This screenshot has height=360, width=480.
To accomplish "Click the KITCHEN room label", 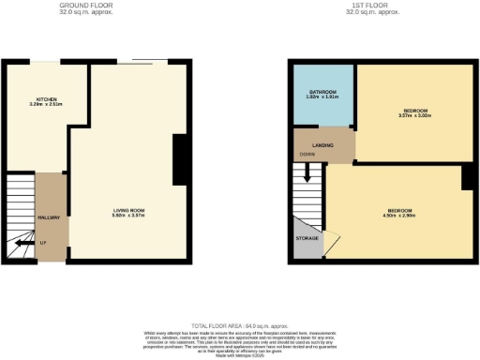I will pyautogui.click(x=46, y=98).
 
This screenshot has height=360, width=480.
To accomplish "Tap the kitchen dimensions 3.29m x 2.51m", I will pyautogui.click(x=46, y=105).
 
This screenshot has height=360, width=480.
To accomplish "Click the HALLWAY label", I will pyautogui.click(x=49, y=217).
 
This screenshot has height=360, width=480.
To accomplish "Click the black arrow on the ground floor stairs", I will pyautogui.click(x=20, y=246).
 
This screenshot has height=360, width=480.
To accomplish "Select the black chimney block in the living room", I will pyautogui.click(x=178, y=159).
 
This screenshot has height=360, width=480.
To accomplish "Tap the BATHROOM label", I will pyautogui.click(x=322, y=92).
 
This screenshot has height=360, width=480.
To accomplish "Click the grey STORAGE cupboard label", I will pyautogui.click(x=307, y=239).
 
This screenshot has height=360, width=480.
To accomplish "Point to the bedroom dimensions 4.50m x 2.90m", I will pyautogui.click(x=399, y=214).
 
